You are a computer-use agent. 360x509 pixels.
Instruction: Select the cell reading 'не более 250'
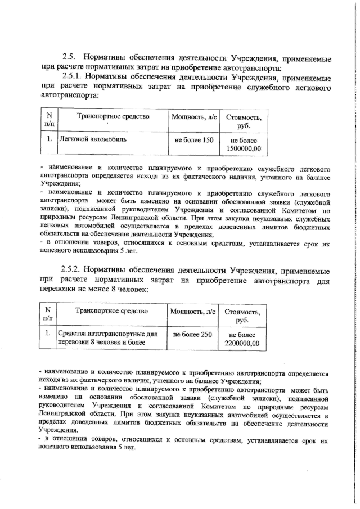pos(192,334)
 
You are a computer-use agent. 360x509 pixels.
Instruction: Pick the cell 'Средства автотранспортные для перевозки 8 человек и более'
pos(107,338)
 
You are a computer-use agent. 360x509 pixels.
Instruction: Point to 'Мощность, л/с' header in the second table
pos(193,312)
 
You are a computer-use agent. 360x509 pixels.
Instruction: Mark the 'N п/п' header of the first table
pos(49,120)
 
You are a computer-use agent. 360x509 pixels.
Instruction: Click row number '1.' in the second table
pos(48,334)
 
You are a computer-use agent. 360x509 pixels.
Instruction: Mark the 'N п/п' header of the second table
pos(48,315)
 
